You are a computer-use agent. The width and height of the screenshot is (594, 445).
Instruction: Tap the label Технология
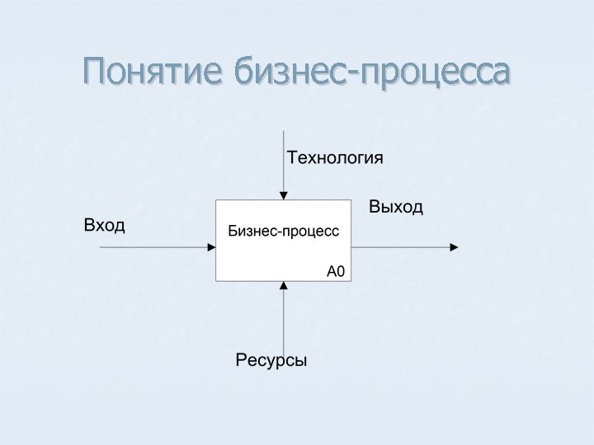pyautogui.click(x=334, y=157)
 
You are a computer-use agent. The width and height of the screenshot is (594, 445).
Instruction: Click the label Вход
pyautogui.click(x=105, y=225)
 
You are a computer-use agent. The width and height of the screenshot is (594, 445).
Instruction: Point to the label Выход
pyautogui.click(x=396, y=207)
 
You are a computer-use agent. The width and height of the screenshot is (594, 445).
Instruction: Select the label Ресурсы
pyautogui.click(x=271, y=360)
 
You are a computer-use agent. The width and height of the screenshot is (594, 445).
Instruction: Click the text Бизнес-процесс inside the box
pyautogui.click(x=284, y=232)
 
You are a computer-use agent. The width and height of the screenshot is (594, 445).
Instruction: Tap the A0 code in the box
pyautogui.click(x=336, y=270)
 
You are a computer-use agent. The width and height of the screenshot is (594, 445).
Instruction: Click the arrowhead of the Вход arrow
pyautogui.click(x=211, y=246)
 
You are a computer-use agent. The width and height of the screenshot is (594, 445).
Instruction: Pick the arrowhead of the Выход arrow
pyautogui.click(x=453, y=246)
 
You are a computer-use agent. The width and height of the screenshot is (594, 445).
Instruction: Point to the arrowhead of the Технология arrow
pyautogui.click(x=284, y=196)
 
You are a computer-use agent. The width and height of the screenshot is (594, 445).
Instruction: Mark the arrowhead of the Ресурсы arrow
pyautogui.click(x=284, y=285)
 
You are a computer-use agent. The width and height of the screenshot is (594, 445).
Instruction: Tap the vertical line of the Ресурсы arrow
pyautogui.click(x=284, y=321)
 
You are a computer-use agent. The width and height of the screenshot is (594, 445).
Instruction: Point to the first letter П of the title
pyautogui.click(x=95, y=72)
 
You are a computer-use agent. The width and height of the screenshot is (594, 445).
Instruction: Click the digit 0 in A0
pyautogui.click(x=341, y=270)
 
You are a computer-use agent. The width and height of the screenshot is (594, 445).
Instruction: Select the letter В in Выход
pyautogui.click(x=375, y=207)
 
